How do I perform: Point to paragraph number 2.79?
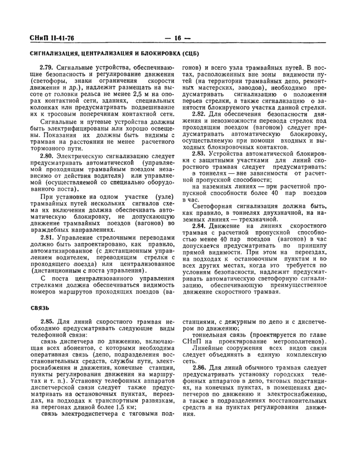coord(47,68)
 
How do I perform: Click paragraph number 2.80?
coord(47,155)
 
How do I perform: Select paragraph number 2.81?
coord(47,238)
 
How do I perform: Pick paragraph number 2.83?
coord(201,154)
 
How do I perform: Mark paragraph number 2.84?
coord(201,227)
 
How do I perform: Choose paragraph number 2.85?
coord(47,324)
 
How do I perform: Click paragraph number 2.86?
coord(201,368)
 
